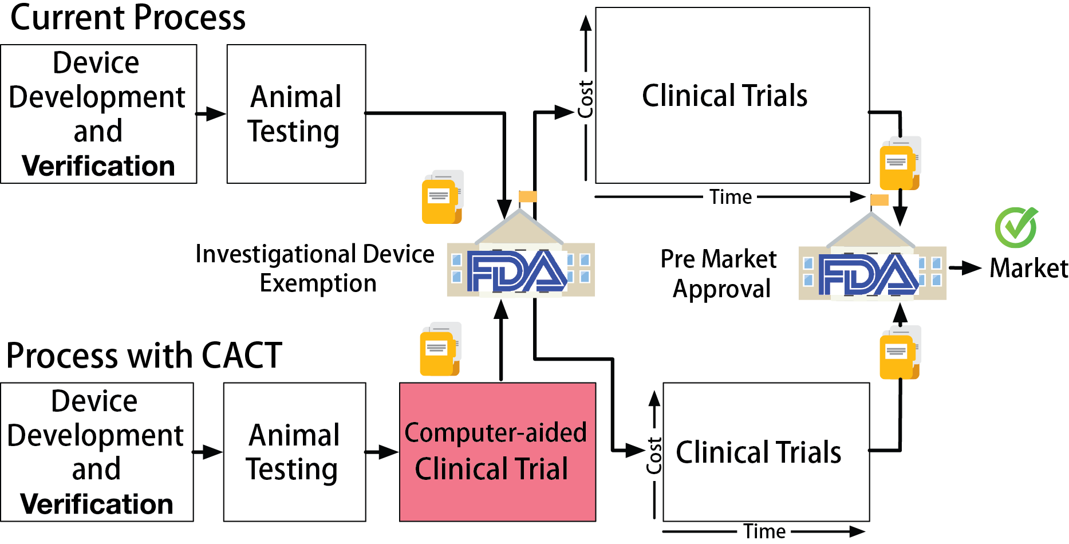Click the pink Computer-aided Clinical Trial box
497,452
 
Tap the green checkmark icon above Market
1016,227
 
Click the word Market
1028,268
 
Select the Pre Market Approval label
719,274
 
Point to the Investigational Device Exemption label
315,268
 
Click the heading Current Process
128,18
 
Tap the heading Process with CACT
144,355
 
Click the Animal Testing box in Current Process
296,114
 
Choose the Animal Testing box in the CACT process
294,452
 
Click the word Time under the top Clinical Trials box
731,197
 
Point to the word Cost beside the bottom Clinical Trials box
654,456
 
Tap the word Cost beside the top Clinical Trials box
585,99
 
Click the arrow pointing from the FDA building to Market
966,267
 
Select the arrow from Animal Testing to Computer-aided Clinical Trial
382,452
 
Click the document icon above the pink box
440,349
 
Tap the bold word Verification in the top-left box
98,166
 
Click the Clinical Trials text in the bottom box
758,452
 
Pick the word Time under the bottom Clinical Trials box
764,531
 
